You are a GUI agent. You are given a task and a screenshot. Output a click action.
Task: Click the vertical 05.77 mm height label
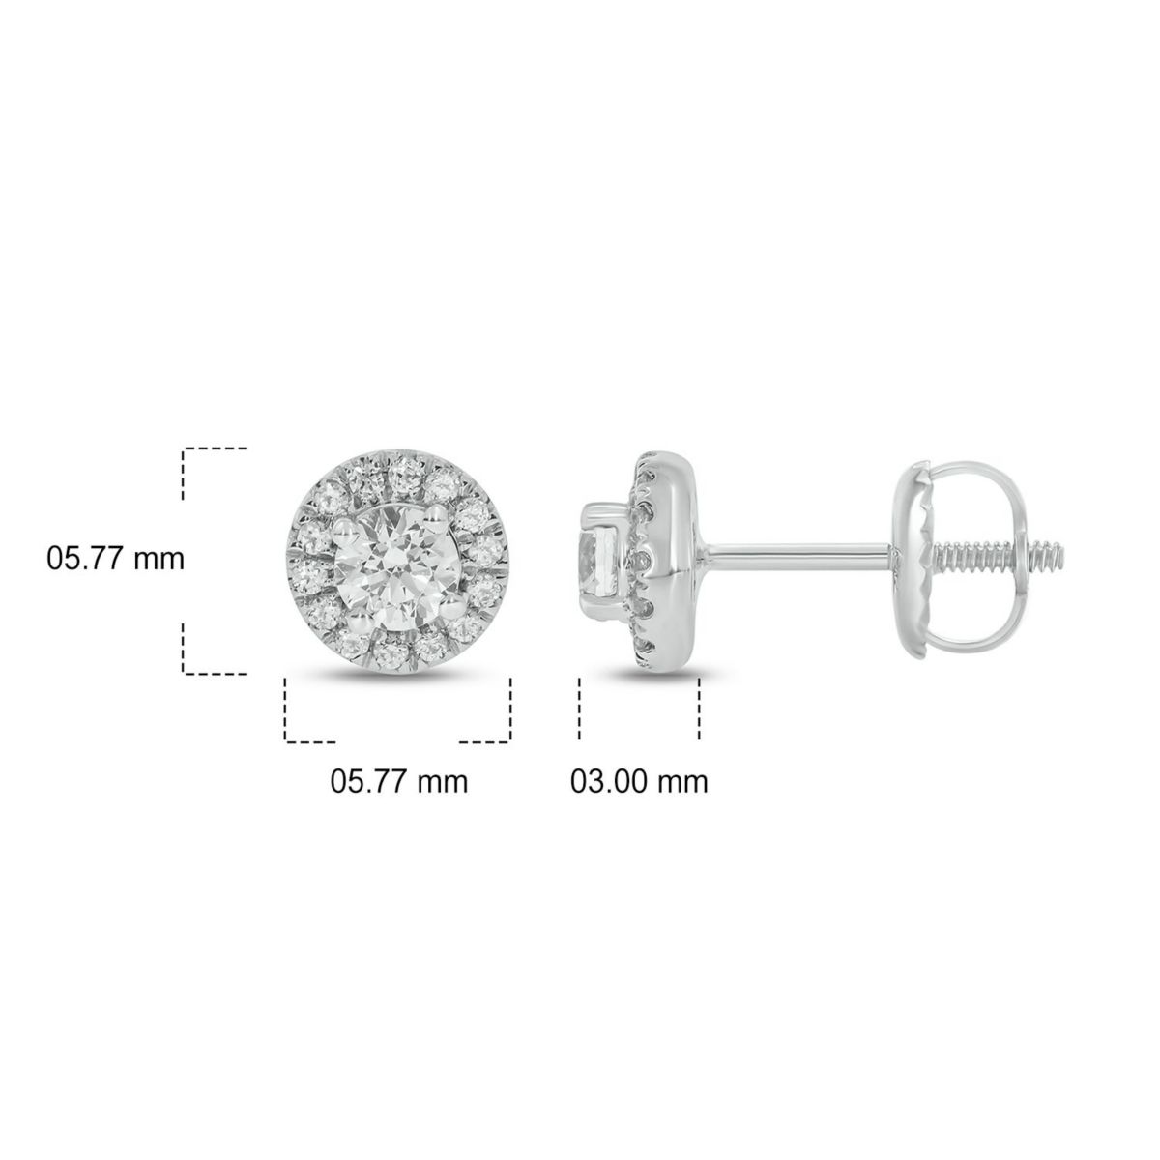(115, 559)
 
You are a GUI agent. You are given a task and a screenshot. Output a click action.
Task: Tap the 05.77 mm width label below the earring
(399, 780)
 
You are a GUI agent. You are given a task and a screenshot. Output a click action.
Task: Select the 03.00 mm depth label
(638, 780)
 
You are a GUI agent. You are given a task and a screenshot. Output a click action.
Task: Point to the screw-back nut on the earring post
(928, 558)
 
